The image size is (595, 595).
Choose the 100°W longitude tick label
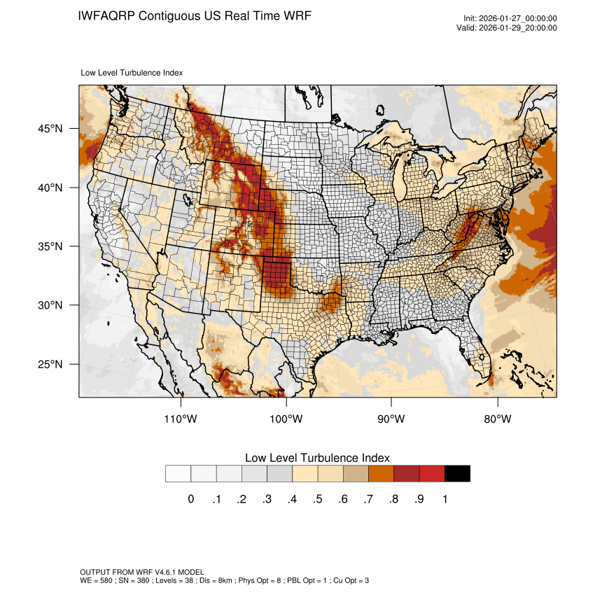point(287,419)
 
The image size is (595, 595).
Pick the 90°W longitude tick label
point(391,419)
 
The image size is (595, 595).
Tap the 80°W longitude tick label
point(497,419)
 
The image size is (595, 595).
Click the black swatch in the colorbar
point(457,474)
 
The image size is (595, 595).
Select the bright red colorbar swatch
point(432,474)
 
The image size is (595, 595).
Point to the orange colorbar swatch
point(381,474)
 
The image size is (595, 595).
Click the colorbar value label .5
point(317,499)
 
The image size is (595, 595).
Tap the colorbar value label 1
point(444,499)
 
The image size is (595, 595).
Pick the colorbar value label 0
point(190,499)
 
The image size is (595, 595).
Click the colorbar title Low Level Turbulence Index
point(317,458)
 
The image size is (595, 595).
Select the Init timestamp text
point(510,19)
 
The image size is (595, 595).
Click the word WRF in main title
point(297,15)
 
